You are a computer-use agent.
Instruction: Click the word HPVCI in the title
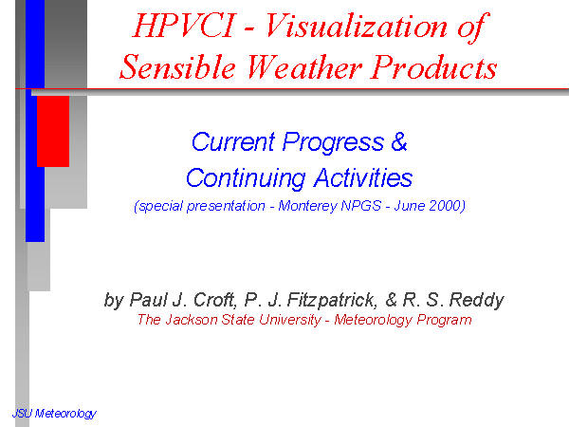point(185,26)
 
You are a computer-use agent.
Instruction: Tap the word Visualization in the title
point(357,27)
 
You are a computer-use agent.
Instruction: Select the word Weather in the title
point(304,67)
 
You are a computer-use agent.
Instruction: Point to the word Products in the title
point(434,67)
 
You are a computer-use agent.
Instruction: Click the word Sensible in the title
point(177,67)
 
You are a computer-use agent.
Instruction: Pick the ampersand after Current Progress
point(399,141)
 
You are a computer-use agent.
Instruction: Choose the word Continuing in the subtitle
point(246,178)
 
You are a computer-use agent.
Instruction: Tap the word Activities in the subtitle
point(363,177)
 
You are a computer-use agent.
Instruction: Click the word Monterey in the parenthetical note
point(307,206)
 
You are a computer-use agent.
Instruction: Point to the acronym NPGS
point(361,206)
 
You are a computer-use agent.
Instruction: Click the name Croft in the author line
point(215,300)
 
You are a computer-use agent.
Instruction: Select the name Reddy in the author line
point(476,300)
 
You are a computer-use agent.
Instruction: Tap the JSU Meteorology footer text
point(54,414)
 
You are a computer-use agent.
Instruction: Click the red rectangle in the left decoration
point(53,132)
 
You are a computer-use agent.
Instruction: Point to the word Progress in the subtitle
point(333,142)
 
